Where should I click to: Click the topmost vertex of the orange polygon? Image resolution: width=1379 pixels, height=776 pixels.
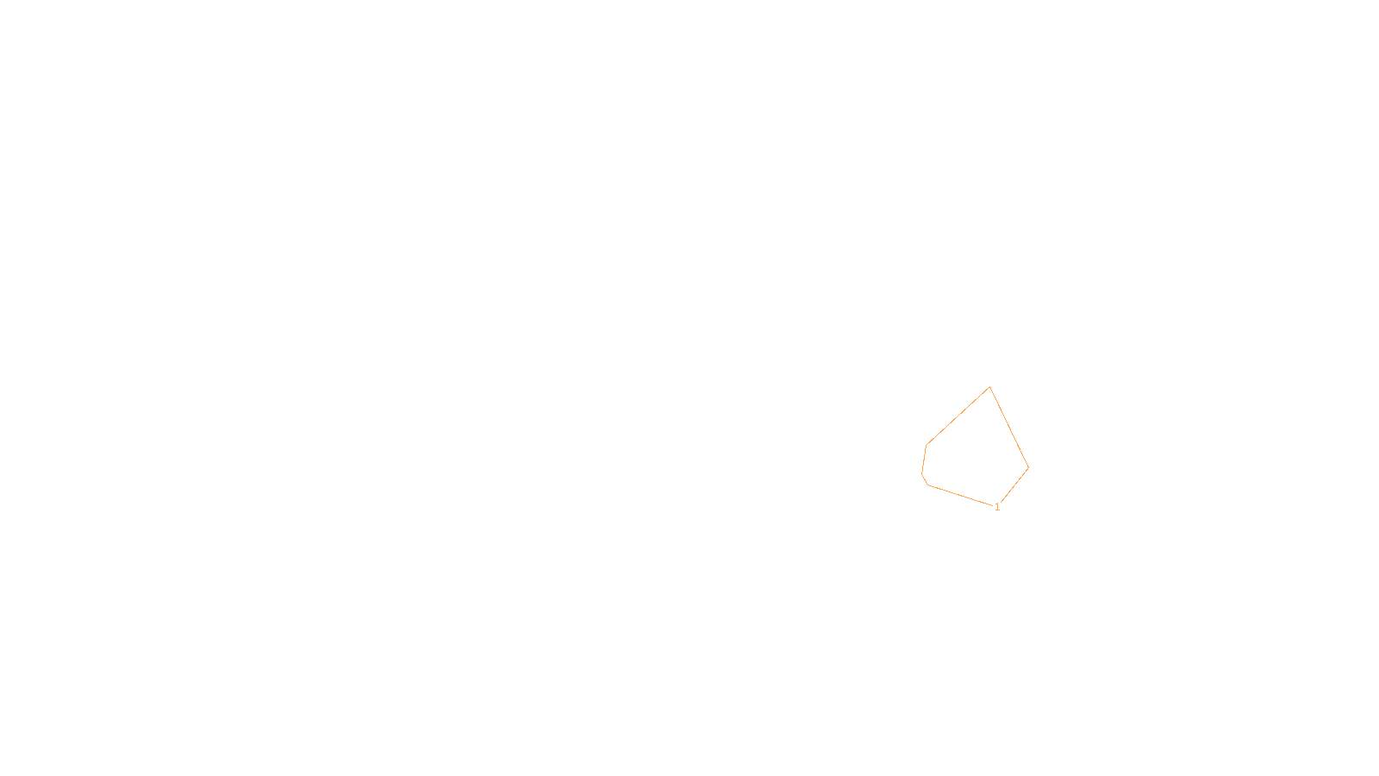989,387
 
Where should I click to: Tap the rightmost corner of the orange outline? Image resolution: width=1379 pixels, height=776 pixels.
1028,468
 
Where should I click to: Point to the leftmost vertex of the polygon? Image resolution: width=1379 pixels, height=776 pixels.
922,473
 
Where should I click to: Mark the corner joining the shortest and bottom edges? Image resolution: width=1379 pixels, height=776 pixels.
928,485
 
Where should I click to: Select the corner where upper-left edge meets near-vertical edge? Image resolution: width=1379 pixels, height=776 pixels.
927,445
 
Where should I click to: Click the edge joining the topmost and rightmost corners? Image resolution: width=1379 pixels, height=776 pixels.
1009,428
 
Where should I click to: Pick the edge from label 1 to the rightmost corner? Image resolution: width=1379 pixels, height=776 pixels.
1014,486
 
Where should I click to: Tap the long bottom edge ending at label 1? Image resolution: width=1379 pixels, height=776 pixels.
960,496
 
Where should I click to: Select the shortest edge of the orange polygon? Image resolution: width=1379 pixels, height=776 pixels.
925,479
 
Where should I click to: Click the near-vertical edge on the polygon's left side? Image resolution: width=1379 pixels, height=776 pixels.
924,460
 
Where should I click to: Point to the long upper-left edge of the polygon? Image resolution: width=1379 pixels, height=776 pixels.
958,416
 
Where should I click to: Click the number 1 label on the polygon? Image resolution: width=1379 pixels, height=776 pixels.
997,507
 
